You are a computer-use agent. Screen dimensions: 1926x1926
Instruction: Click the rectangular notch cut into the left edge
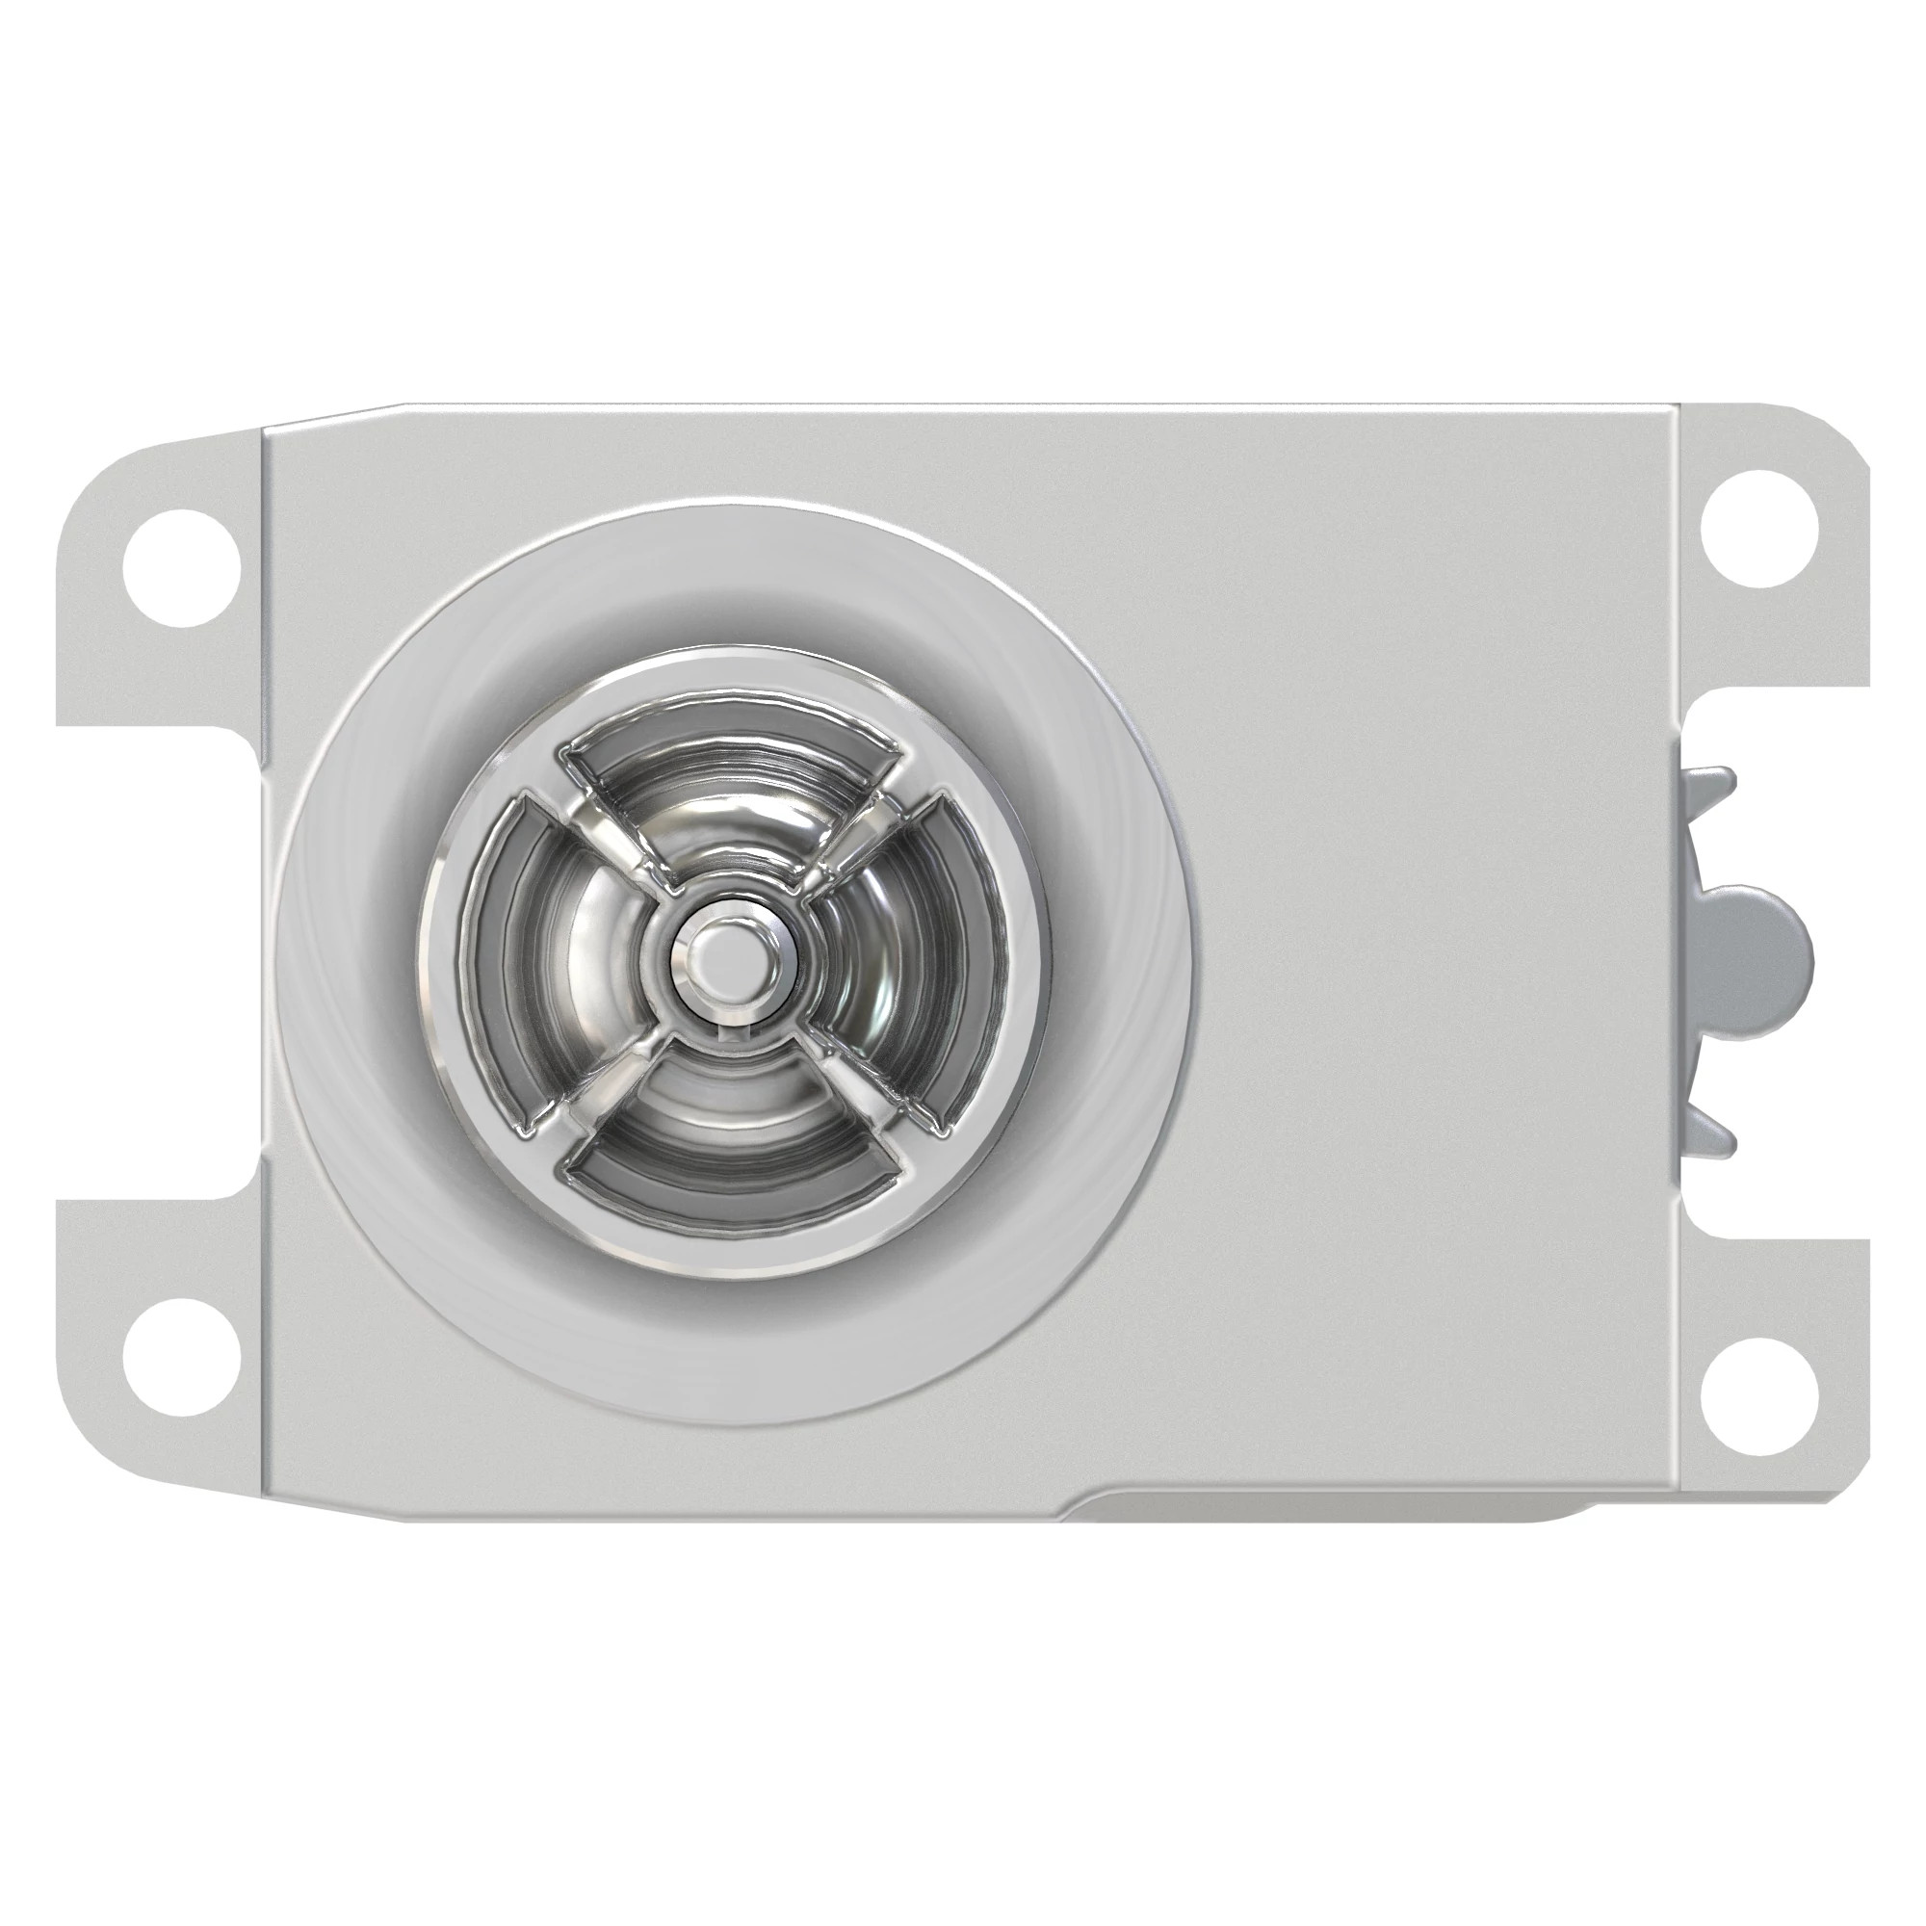[x=160, y=962]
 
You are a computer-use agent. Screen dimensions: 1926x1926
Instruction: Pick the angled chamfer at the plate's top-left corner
[x=329, y=417]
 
